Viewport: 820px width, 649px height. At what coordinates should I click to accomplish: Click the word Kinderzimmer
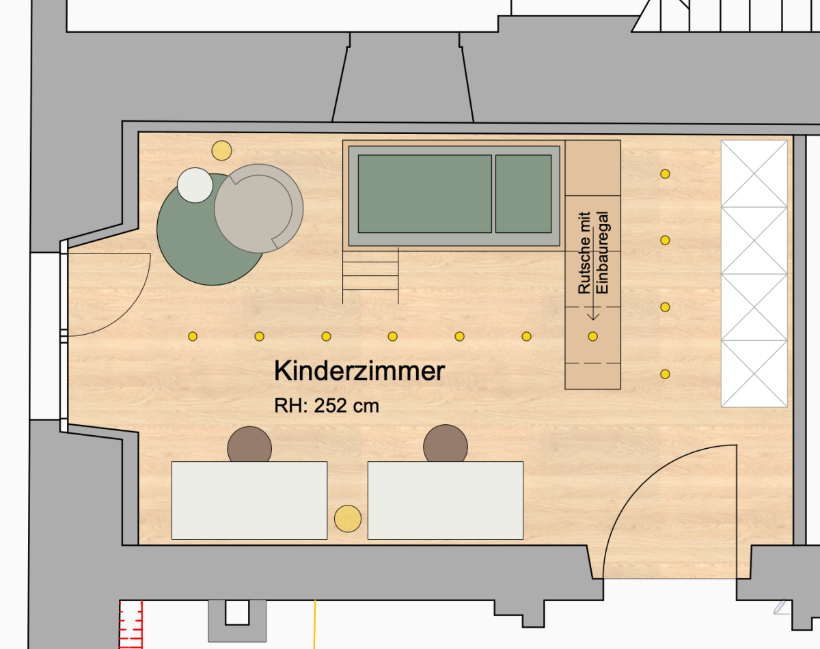click(359, 370)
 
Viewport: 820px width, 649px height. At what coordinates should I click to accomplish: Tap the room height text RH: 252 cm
click(327, 406)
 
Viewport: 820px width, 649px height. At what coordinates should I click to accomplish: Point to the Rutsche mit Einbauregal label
click(593, 253)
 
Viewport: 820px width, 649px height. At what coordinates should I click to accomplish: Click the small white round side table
click(195, 185)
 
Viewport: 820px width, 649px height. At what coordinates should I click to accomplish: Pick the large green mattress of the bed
click(425, 193)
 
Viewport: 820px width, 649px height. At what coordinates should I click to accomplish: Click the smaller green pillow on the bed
click(523, 193)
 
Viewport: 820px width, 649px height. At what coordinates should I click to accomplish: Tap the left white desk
click(249, 500)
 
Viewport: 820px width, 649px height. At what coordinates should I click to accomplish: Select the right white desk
click(446, 500)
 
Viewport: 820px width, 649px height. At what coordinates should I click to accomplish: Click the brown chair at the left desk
click(249, 444)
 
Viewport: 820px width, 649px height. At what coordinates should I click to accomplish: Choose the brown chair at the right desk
click(446, 443)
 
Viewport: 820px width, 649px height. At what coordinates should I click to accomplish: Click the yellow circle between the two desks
click(348, 519)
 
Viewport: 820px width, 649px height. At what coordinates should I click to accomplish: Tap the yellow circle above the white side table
click(222, 150)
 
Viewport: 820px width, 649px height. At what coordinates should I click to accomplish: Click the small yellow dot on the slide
click(593, 336)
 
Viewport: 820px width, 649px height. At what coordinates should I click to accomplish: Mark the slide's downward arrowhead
click(593, 316)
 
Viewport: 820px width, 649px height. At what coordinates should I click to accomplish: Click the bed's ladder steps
click(370, 276)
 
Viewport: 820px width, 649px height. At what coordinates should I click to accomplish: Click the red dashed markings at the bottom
click(131, 624)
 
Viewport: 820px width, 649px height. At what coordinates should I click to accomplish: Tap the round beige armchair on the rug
click(259, 208)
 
